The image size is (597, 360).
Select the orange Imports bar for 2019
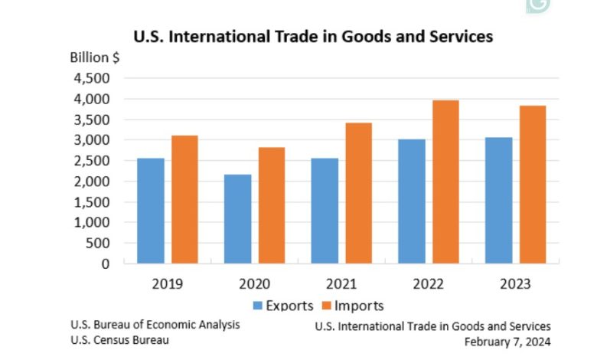pyautogui.click(x=184, y=199)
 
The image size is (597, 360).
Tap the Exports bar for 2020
pyautogui.click(x=238, y=219)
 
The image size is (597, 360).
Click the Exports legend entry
pyautogui.click(x=282, y=306)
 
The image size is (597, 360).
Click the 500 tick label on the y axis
pyautogui.click(x=97, y=244)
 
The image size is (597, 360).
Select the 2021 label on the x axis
pyautogui.click(x=341, y=283)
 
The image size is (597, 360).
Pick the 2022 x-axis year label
pyautogui.click(x=428, y=283)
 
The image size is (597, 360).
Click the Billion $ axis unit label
pyautogui.click(x=95, y=58)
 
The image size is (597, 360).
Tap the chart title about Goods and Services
pyautogui.click(x=313, y=35)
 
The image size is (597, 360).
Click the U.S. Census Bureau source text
pyautogui.click(x=119, y=339)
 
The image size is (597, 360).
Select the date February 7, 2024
pyautogui.click(x=507, y=342)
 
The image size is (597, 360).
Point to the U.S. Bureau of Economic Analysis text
pyautogui.click(x=155, y=325)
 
